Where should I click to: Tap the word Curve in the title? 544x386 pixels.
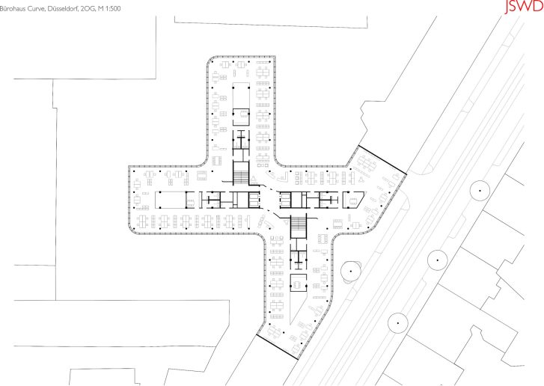pos(35,9)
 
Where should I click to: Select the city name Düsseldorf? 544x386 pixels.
pos(61,9)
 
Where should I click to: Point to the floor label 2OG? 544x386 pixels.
pos(87,9)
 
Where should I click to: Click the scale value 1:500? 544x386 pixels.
pos(113,9)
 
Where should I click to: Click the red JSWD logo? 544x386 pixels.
pos(524,6)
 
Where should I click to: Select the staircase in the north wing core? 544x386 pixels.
pos(240,173)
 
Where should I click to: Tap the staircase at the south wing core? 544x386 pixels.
pos(299,226)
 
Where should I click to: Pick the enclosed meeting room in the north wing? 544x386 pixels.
pos(241,117)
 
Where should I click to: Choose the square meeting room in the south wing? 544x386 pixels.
pos(299,283)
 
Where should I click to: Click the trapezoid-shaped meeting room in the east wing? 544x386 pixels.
pos(353,200)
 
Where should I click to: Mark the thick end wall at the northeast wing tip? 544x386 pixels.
pos(382,160)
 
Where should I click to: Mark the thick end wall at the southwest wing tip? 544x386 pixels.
pos(277,347)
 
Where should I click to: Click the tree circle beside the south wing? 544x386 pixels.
pos(351,272)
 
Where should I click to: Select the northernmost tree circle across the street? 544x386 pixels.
pos(480,191)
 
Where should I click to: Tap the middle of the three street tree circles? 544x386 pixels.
pos(438,260)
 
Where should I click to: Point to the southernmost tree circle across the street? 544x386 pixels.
pos(398,323)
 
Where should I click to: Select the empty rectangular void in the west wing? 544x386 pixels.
pos(171,200)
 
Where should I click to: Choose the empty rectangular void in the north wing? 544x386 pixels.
pos(241,95)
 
